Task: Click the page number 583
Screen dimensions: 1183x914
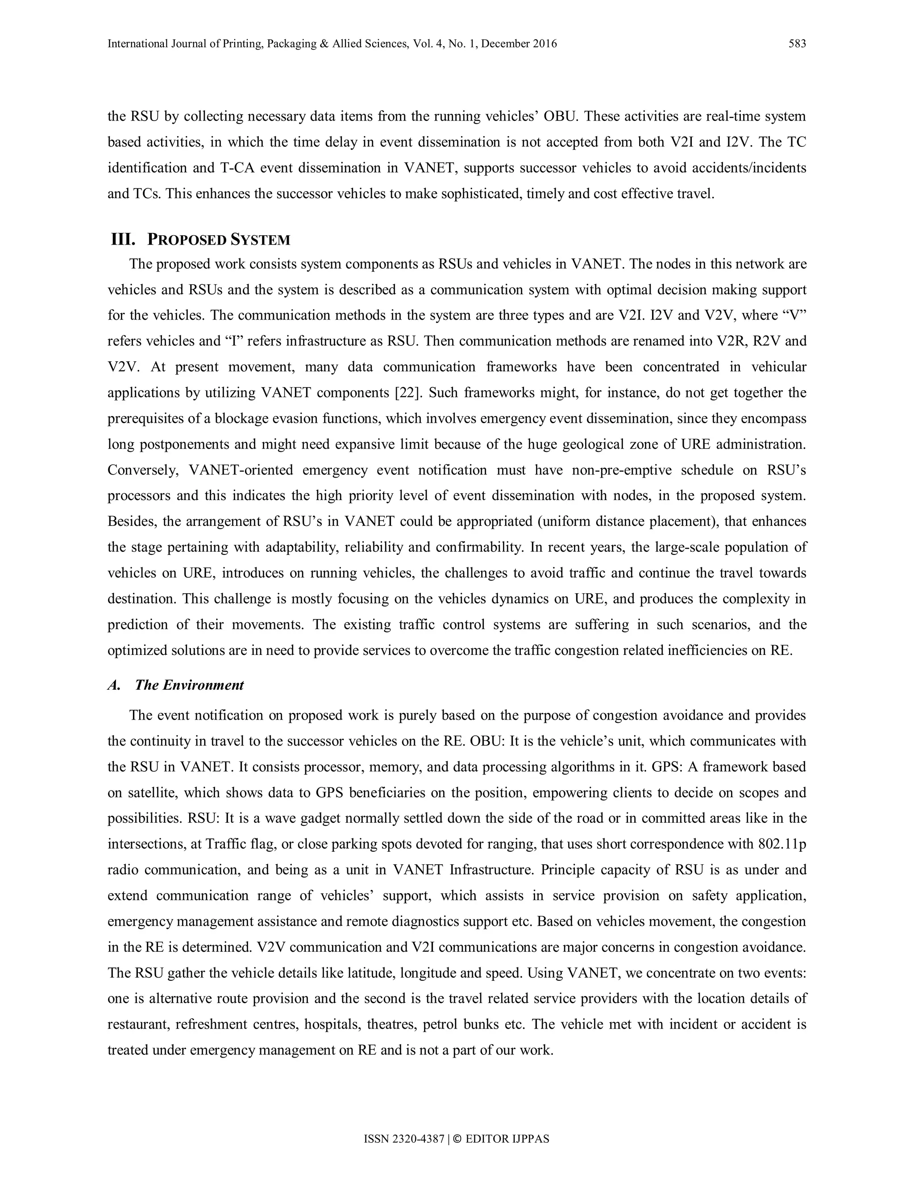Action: pyautogui.click(x=797, y=44)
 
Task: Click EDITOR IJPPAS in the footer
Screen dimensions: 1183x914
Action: pyautogui.click(x=507, y=1139)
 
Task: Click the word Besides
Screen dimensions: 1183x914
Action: pyautogui.click(x=131, y=521)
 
